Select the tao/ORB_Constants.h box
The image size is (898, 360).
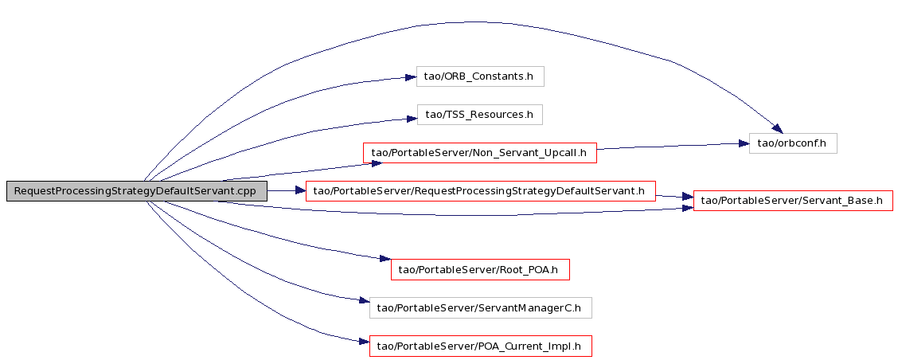[480, 76]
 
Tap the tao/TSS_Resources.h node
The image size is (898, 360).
[479, 115]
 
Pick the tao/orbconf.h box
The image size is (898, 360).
[793, 143]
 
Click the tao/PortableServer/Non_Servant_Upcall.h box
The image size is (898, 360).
[480, 152]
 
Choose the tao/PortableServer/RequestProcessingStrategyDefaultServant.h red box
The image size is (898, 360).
[481, 191]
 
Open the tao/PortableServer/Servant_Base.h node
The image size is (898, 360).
[793, 201]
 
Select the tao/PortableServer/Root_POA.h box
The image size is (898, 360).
[480, 269]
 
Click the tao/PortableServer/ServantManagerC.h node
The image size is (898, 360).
[481, 308]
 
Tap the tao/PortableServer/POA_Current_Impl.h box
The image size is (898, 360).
[481, 346]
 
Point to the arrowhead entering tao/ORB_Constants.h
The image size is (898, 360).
[410, 76]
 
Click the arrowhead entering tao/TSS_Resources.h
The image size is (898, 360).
[412, 118]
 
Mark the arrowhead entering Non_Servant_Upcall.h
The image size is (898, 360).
[376, 163]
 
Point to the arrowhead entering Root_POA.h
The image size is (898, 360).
[385, 259]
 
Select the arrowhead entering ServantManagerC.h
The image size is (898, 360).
[363, 300]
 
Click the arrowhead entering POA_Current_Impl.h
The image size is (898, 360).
[363, 342]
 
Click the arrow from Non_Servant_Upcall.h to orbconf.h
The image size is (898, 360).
[673, 147]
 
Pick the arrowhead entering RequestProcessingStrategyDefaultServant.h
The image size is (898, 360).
[299, 191]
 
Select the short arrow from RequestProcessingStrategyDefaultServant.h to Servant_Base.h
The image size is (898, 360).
[674, 197]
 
